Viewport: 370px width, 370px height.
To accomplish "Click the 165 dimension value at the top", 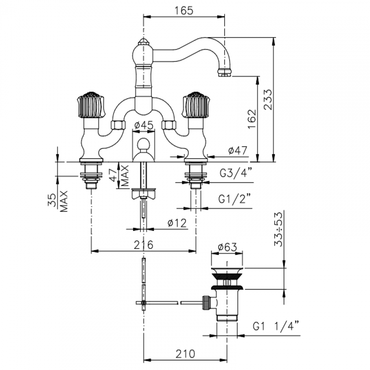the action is (184, 11).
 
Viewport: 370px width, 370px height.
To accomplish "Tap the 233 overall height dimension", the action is (268, 99).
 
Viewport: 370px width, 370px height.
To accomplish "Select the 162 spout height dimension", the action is (252, 119).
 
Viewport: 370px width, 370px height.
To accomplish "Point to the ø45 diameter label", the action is (144, 125).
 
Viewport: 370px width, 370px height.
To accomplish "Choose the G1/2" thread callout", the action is (235, 199).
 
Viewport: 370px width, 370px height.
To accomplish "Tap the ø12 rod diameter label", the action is (177, 223).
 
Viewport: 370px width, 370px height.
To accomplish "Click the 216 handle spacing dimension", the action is (143, 245).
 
